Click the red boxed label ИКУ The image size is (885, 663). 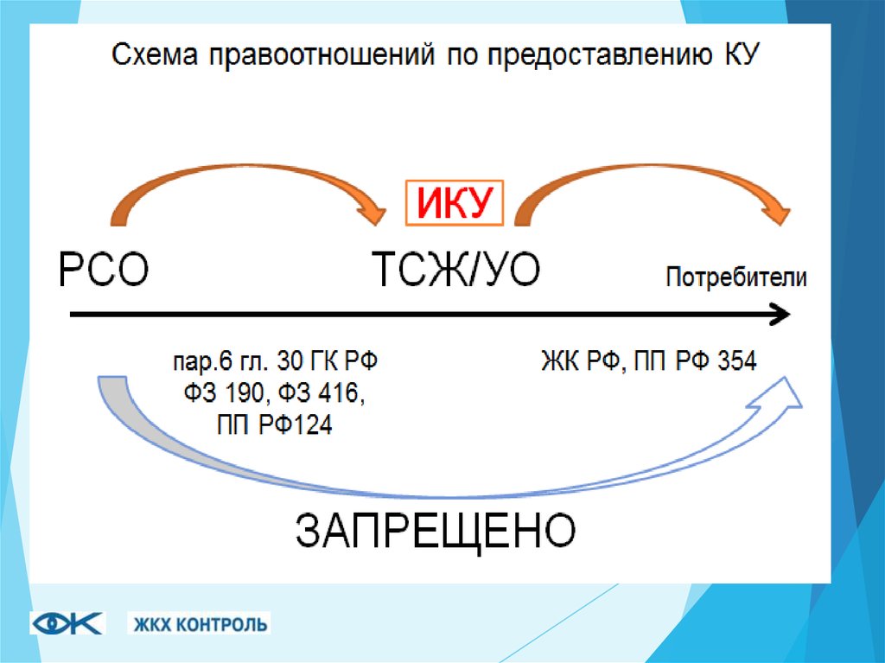click(x=455, y=205)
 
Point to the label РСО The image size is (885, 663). click(x=105, y=271)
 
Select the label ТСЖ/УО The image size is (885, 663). click(x=455, y=271)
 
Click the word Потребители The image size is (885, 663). click(x=736, y=278)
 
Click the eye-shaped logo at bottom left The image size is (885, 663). click(x=67, y=622)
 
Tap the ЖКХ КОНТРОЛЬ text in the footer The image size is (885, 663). click(x=200, y=623)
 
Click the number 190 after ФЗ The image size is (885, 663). click(x=248, y=393)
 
